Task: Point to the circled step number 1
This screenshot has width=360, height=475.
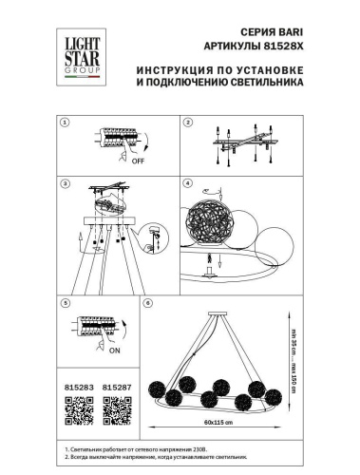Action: [x=65, y=123]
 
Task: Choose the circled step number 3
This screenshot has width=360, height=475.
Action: [x=65, y=182]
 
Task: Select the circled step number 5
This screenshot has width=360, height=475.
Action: [x=65, y=303]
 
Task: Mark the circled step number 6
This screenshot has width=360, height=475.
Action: [x=146, y=303]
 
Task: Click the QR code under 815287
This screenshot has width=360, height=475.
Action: [x=115, y=408]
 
